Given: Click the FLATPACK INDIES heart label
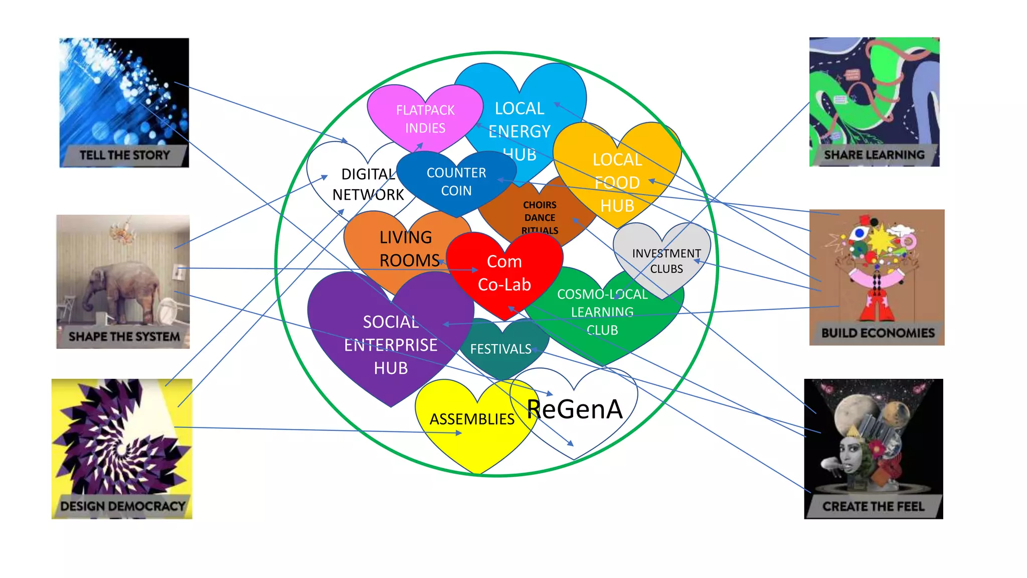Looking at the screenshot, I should point(425,119).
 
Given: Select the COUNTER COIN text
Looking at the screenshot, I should point(456,182).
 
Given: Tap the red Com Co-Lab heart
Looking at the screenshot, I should point(504,273).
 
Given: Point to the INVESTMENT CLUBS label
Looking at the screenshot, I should point(666,261).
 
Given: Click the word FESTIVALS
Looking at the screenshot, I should point(500,349).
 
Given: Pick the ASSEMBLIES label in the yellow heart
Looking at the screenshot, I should point(472,419).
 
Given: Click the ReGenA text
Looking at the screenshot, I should point(575,409).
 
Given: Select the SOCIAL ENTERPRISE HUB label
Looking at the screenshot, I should point(391,345).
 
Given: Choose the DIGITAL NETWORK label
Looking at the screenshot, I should point(368,184).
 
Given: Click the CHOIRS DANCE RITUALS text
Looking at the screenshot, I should point(540,217).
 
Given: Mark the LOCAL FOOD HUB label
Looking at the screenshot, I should point(617,183).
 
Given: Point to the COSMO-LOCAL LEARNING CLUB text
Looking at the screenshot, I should point(602,312).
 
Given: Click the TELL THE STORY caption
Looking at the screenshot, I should point(124,155).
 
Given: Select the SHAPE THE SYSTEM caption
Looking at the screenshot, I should point(124,336).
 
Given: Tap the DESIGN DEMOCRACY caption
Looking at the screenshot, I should point(123,506).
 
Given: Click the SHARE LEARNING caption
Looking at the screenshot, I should point(874,155).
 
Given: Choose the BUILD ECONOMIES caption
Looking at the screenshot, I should point(878,333).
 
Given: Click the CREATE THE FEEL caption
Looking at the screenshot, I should point(873,506).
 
